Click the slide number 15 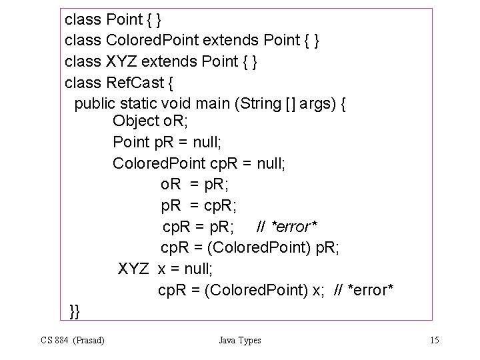[x=434, y=341]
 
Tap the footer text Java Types [x=240, y=341]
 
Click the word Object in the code [x=136, y=122]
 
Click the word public [x=95, y=104]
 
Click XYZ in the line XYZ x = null [x=133, y=269]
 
